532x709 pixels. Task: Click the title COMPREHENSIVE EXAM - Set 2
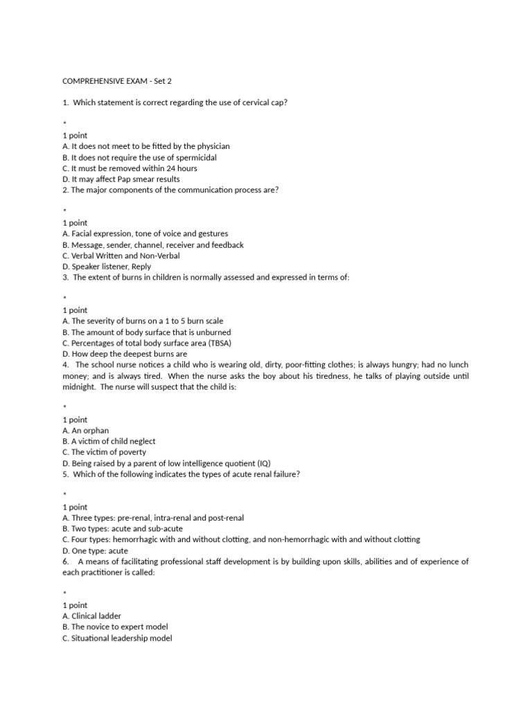click(x=116, y=81)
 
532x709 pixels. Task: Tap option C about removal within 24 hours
click(x=130, y=168)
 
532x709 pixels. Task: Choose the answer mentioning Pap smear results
click(x=121, y=179)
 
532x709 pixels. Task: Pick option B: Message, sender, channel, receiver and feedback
click(x=153, y=244)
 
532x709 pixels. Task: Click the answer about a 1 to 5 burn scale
click(x=143, y=321)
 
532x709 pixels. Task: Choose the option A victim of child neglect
click(x=109, y=441)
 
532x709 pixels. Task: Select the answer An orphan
click(x=85, y=430)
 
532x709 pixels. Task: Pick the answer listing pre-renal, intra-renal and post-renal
click(x=153, y=517)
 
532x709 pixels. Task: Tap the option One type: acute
click(x=95, y=550)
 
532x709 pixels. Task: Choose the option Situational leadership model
click(x=117, y=638)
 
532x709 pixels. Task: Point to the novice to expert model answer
click(x=115, y=627)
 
